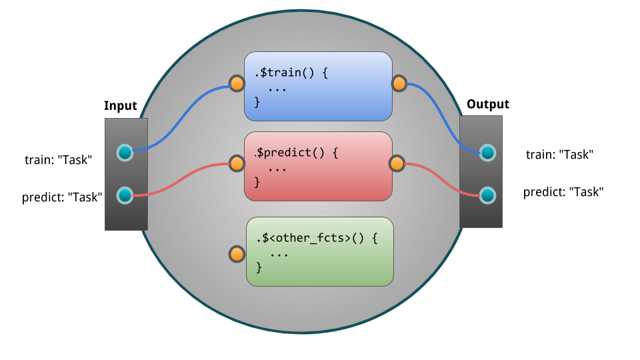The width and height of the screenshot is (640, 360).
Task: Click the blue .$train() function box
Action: [318, 86]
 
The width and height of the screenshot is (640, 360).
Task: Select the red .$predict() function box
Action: [318, 166]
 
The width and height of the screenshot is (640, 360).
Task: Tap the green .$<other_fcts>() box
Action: [319, 251]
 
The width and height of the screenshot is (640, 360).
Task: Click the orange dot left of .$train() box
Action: [237, 84]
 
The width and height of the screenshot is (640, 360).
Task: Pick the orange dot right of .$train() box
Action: [399, 83]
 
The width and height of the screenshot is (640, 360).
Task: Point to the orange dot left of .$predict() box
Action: [237, 163]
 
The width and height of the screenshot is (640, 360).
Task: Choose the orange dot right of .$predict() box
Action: [397, 163]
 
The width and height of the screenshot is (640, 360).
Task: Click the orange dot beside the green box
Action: [237, 254]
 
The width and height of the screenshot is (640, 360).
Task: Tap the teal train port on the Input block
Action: [125, 153]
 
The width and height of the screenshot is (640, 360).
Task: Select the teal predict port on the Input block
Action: [125, 195]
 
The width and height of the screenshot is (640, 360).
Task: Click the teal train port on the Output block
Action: [488, 153]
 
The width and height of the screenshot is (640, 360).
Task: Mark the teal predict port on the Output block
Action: [488, 195]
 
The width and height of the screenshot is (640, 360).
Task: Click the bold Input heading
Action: [121, 106]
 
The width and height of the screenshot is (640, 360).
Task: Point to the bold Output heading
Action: [487, 104]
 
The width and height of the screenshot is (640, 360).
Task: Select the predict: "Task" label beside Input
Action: [62, 197]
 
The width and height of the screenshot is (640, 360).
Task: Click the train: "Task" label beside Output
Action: [559, 155]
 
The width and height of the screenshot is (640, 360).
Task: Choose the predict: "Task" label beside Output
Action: [563, 192]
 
